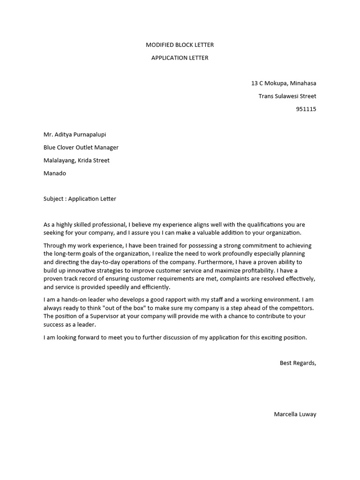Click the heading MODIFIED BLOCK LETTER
point(180,45)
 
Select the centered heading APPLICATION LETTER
point(180,58)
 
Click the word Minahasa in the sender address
point(303,83)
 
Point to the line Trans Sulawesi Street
point(287,96)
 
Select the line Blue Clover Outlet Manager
point(81,147)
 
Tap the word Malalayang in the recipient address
point(60,160)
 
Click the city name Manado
point(55,173)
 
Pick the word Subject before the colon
point(54,199)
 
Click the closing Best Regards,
point(298,363)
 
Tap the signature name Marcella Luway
point(295,414)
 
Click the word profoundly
point(229,254)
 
